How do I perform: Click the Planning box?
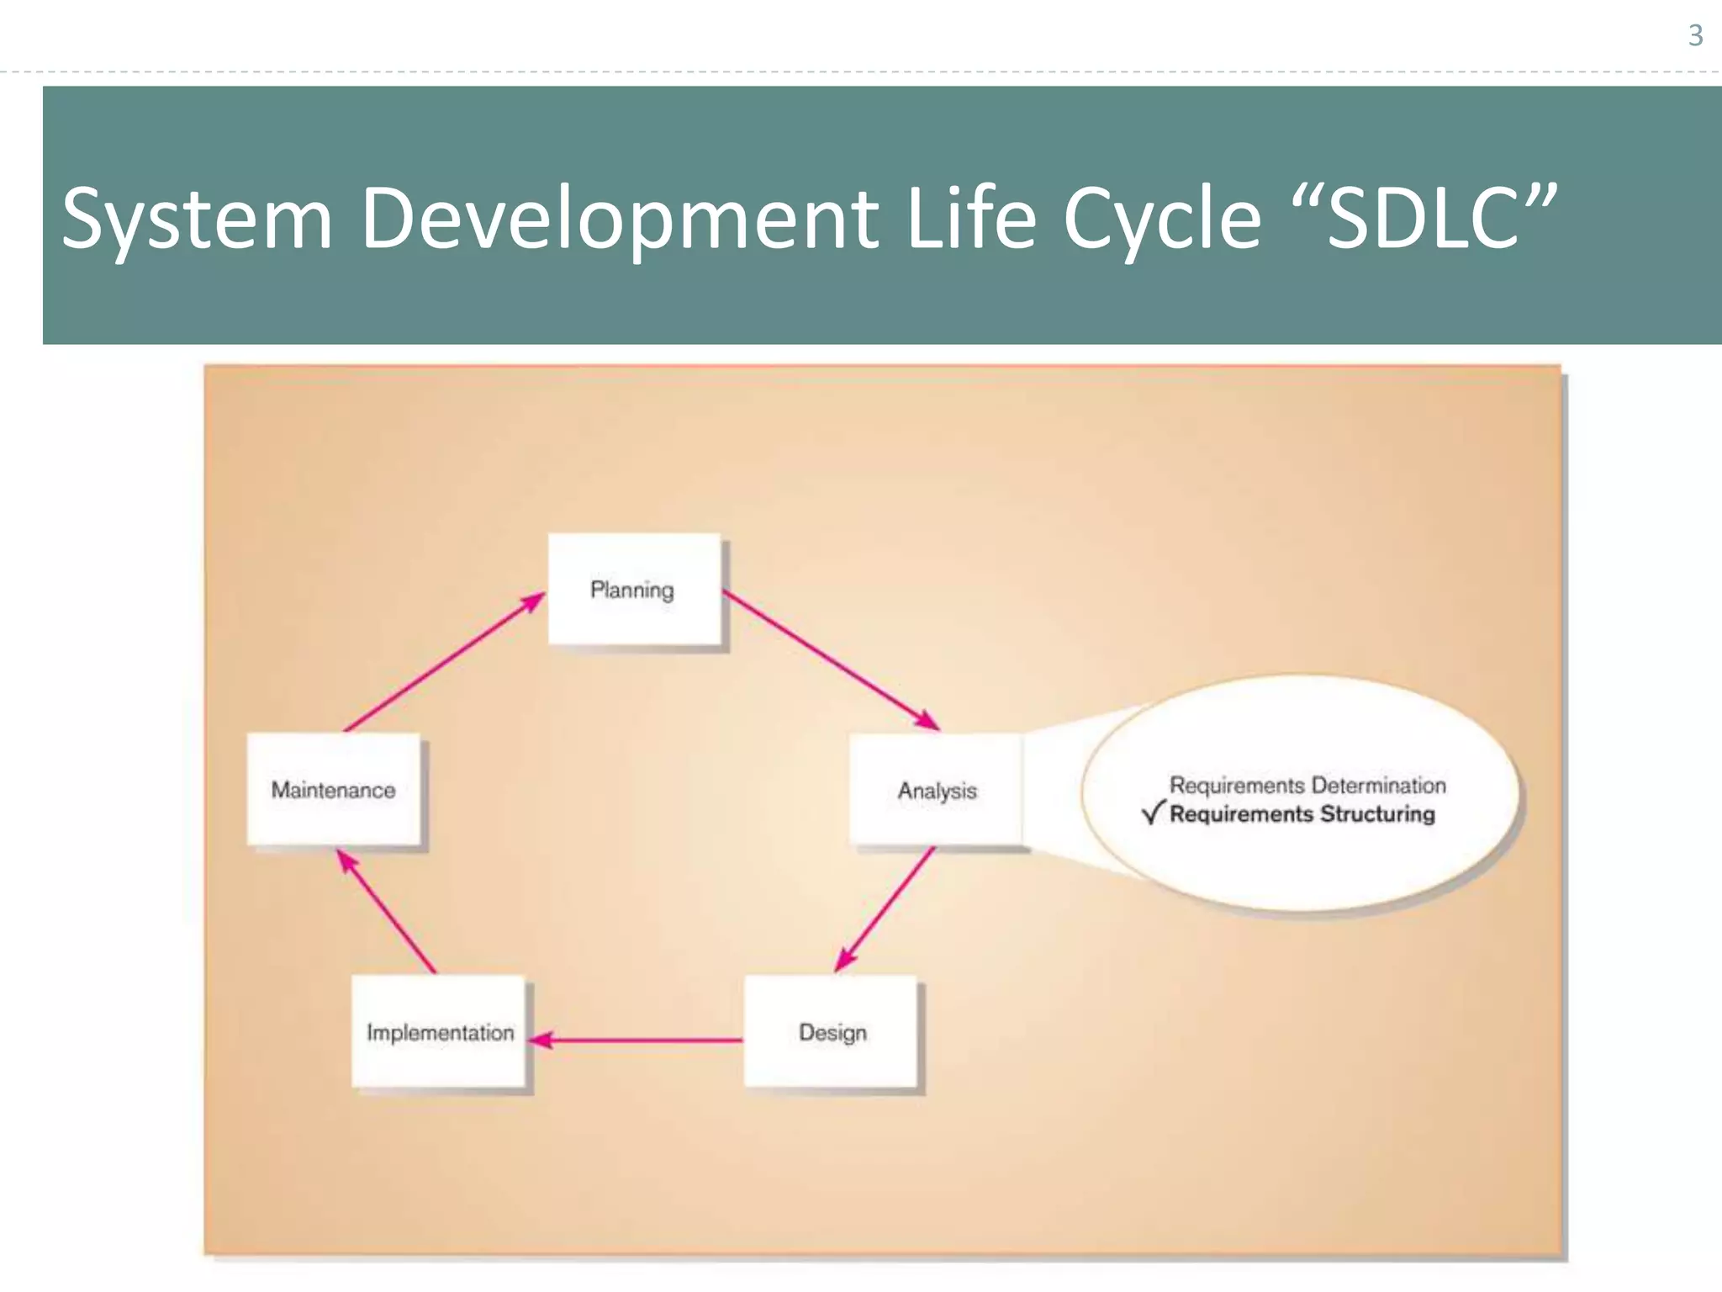click(x=634, y=589)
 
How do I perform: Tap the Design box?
click(x=831, y=1031)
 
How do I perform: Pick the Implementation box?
click(x=439, y=1031)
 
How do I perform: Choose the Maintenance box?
click(x=334, y=789)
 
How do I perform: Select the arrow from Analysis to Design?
click(x=885, y=908)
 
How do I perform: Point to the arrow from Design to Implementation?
click(x=639, y=1040)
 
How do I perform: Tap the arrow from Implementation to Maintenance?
click(x=387, y=911)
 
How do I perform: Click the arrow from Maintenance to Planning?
click(x=444, y=661)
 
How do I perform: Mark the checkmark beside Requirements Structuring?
click(x=1153, y=813)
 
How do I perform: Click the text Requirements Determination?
click(x=1307, y=785)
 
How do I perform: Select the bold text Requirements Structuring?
click(x=1302, y=813)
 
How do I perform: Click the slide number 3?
click(x=1695, y=35)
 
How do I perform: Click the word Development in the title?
click(x=620, y=219)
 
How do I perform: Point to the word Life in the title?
click(x=971, y=219)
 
